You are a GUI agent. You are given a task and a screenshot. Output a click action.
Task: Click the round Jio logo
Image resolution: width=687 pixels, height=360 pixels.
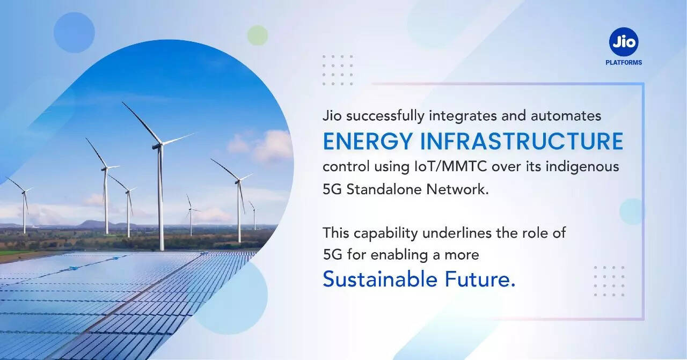(624, 42)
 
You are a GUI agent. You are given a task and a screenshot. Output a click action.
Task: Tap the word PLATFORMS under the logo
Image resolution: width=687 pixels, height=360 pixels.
(624, 63)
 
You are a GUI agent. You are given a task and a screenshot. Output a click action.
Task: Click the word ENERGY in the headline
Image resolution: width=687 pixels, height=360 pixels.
(367, 141)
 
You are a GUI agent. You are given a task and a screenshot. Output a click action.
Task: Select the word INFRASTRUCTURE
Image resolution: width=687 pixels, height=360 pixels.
(522, 141)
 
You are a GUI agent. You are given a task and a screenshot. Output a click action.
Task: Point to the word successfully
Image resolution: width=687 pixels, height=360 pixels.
(385, 116)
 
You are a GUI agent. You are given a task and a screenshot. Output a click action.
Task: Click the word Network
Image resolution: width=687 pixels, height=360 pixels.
(457, 189)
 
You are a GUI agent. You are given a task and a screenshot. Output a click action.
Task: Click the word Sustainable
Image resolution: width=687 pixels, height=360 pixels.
(380, 279)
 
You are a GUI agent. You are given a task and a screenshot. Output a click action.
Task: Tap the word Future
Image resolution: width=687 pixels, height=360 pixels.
(480, 279)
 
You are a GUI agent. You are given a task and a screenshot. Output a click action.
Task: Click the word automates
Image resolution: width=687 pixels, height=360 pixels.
(566, 116)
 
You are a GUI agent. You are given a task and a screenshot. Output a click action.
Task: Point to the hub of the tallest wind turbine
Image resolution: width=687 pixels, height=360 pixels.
(158, 146)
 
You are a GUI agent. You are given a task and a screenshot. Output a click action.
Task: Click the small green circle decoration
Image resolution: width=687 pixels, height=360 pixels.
(258, 35)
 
